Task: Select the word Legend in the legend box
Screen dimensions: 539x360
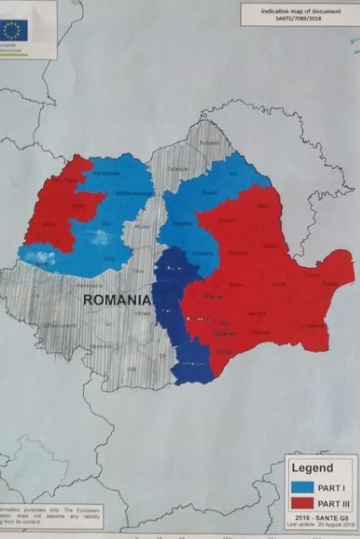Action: (x=313, y=468)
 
